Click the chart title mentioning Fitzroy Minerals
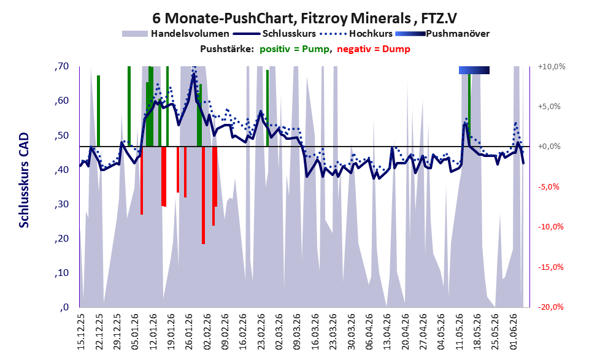point(304,18)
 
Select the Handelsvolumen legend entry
point(175,34)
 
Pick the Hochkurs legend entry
point(356,34)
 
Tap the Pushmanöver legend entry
point(442,34)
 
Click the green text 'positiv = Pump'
point(294,49)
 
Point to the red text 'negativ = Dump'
point(374,49)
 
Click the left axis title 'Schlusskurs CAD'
point(24,180)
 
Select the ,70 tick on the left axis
point(61,66)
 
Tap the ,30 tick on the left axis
point(61,204)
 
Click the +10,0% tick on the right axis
point(552,67)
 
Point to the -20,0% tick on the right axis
point(550,307)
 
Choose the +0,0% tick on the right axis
point(550,147)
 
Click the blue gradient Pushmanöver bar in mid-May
point(474,70)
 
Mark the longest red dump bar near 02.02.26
point(203,195)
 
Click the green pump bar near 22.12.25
point(99,111)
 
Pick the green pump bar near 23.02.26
point(267,108)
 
